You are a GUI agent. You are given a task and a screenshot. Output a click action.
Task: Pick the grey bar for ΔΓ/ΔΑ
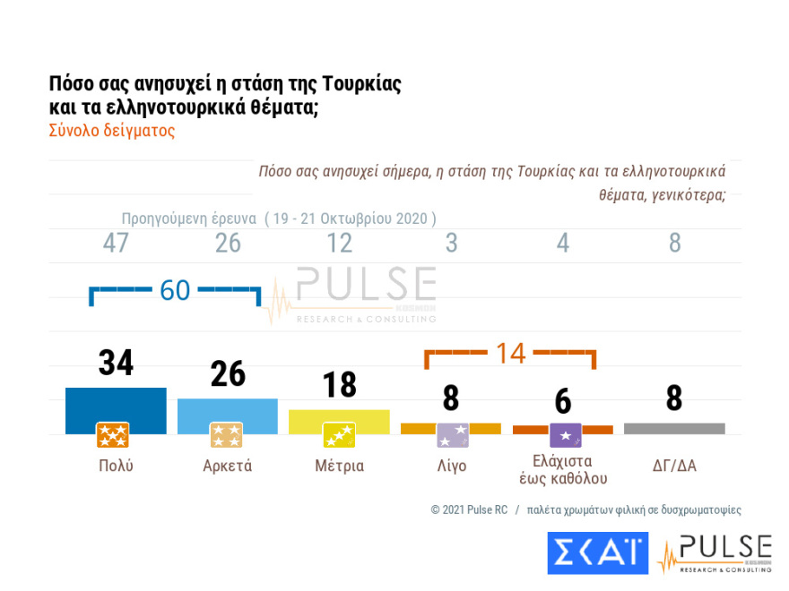point(674,428)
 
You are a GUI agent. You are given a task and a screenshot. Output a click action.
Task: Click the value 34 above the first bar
point(116,364)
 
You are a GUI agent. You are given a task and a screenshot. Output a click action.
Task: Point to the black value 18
point(339,385)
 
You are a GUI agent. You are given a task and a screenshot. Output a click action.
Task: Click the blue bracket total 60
point(175,290)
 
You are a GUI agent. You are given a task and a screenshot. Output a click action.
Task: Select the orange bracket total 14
point(510,353)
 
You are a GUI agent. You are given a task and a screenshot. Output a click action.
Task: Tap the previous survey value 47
point(116,243)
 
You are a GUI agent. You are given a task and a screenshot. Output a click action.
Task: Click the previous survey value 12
point(339,243)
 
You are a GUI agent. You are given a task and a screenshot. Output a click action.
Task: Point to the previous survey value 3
point(451,243)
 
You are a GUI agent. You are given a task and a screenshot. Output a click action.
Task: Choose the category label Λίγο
point(451,466)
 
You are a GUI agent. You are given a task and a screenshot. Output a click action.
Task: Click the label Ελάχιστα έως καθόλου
point(562,467)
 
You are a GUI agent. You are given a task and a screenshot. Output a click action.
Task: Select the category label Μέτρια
point(339,466)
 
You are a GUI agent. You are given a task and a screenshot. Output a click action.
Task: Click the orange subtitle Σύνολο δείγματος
point(112,130)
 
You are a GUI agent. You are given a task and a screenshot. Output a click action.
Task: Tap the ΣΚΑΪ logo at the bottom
point(597,552)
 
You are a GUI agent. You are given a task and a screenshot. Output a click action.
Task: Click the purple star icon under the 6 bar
point(565,435)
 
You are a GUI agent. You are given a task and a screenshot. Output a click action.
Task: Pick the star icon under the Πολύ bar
point(113,435)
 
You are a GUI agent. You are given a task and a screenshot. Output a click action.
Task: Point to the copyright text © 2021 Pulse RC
point(469,510)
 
